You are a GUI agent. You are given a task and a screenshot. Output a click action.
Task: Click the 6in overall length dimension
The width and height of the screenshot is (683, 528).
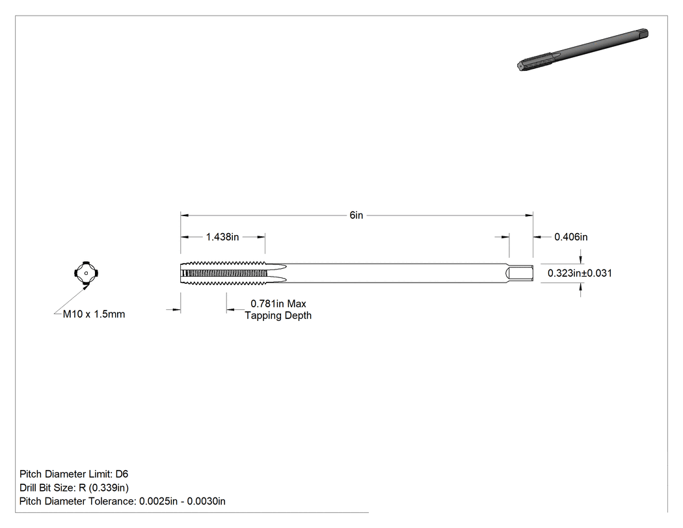pos(356,215)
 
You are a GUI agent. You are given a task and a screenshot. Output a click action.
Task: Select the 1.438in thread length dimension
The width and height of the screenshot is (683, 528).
pos(222,237)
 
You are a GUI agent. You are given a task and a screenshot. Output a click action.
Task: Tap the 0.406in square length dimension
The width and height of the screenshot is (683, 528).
pos(570,237)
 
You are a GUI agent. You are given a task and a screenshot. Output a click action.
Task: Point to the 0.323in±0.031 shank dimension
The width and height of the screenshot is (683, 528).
pos(580,273)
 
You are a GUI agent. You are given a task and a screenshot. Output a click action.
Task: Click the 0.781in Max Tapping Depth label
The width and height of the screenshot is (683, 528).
pos(278,309)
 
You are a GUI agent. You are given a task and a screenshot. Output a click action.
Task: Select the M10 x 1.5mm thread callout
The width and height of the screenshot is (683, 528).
pos(94,314)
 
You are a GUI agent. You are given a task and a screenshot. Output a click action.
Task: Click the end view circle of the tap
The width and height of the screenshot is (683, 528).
pos(87,273)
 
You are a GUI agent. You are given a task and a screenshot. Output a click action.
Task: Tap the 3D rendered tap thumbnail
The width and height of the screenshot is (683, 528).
pos(583,49)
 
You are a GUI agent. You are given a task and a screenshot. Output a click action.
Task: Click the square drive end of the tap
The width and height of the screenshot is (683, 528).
pos(520,273)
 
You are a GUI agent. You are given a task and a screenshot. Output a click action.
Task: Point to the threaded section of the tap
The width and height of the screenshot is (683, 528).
pos(223,273)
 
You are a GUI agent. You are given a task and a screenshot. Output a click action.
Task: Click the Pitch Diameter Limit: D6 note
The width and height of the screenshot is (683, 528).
pos(74,474)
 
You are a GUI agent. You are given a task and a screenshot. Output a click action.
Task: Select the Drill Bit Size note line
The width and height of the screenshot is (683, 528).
pos(74,488)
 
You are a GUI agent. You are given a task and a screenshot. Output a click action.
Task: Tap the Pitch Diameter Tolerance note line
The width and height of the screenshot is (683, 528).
pos(122,501)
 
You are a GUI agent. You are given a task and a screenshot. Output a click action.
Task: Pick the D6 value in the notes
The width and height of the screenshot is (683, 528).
pos(122,474)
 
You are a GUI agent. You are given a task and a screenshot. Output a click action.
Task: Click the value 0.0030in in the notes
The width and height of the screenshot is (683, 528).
pos(206,501)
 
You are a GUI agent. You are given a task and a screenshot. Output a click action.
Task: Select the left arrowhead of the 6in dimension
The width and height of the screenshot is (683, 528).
pos(185,215)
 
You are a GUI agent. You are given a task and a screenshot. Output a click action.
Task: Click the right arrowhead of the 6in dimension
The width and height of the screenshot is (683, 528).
pos(529,215)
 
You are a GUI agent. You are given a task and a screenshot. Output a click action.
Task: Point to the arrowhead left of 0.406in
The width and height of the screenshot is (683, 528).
pos(537,237)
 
